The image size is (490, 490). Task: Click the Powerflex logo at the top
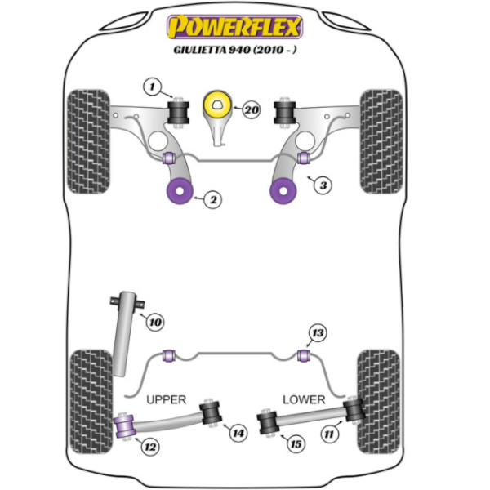click(x=235, y=27)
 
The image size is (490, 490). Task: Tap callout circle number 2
click(x=212, y=198)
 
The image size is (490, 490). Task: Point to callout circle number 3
click(x=324, y=185)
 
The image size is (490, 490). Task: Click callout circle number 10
click(x=155, y=323)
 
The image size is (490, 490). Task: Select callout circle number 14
click(x=237, y=433)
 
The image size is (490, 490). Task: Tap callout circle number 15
click(x=295, y=443)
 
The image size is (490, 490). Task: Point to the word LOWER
click(x=304, y=399)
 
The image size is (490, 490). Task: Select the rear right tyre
click(x=381, y=400)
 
